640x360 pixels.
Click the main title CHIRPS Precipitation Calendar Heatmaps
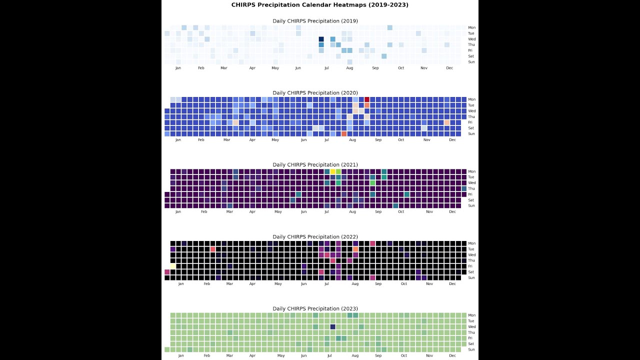320,5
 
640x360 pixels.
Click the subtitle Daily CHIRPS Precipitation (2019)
315,21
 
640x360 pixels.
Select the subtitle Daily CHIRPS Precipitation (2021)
315,164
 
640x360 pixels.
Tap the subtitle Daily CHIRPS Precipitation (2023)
315,308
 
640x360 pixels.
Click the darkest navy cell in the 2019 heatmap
321,39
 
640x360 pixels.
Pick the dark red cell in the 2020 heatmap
367,99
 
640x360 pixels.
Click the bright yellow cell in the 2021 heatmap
332,171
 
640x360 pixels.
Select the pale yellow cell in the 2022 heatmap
172,266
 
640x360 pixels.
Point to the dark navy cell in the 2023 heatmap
332,326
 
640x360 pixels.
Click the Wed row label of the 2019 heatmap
471,39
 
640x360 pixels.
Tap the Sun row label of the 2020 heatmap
471,133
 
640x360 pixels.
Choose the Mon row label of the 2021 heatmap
471,171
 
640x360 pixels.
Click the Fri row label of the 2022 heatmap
470,266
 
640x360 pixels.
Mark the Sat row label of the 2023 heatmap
471,344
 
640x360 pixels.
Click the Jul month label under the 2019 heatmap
326,68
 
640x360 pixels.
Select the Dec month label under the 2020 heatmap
452,140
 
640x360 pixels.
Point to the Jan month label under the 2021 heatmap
178,212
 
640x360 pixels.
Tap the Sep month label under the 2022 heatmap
378,284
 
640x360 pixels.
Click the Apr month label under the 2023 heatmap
252,356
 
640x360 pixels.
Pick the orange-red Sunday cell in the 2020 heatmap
344,133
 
